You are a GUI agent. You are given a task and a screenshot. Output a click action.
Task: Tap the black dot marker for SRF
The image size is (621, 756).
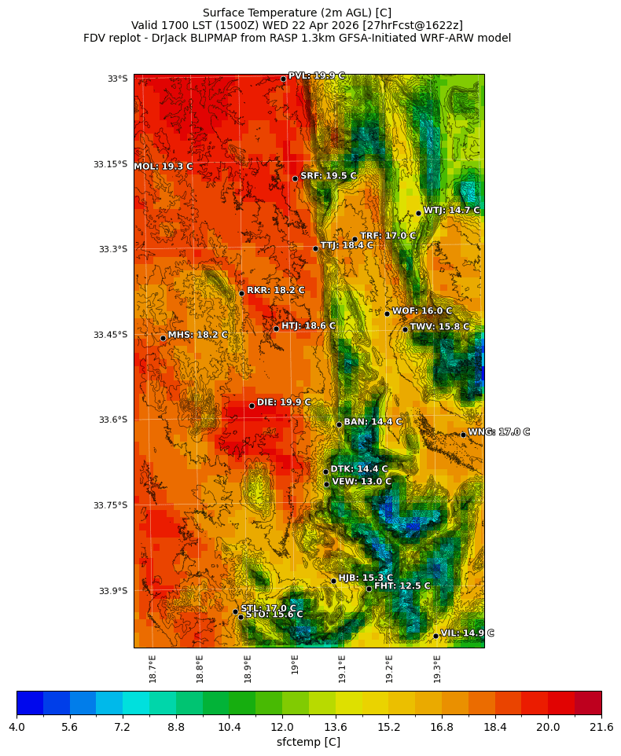pyautogui.click(x=295, y=178)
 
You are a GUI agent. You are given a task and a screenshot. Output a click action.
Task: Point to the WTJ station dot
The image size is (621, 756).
pyautogui.click(x=418, y=213)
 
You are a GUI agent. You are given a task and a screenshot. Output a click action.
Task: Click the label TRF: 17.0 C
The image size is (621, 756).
pyautogui.click(x=388, y=236)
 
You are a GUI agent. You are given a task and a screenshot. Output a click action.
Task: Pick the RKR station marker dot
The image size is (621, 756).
pyautogui.click(x=241, y=293)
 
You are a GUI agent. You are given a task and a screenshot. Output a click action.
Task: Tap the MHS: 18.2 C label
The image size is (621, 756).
pyautogui.click(x=197, y=335)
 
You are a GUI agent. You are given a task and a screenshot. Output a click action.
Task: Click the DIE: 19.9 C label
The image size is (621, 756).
pyautogui.click(x=284, y=402)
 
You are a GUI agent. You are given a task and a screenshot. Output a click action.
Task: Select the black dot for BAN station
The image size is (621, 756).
pyautogui.click(x=339, y=424)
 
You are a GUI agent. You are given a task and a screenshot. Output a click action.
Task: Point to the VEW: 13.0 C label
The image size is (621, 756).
pyautogui.click(x=361, y=482)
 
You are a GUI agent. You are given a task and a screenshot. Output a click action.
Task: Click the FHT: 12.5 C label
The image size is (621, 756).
pyautogui.click(x=402, y=586)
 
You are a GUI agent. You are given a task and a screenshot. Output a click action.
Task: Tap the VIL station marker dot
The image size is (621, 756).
pyautogui.click(x=435, y=636)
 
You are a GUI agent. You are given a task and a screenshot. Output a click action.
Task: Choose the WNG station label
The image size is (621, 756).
pyautogui.click(x=498, y=432)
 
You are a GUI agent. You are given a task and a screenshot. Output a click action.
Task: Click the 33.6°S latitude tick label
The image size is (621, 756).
pyautogui.click(x=112, y=420)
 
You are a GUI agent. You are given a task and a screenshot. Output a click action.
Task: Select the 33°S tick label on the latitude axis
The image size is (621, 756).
pyautogui.click(x=117, y=79)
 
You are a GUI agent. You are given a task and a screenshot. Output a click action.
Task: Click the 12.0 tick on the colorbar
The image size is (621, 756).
pyautogui.click(x=282, y=728)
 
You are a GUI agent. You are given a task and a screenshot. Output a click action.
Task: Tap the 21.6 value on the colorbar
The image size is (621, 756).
pyautogui.click(x=601, y=728)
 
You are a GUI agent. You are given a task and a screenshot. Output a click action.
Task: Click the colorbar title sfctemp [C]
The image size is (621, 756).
pyautogui.click(x=308, y=742)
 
